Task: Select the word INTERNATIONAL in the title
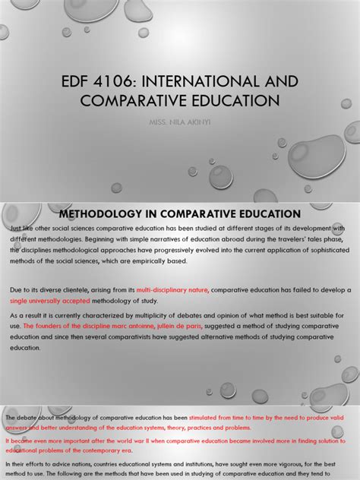[220, 81]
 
